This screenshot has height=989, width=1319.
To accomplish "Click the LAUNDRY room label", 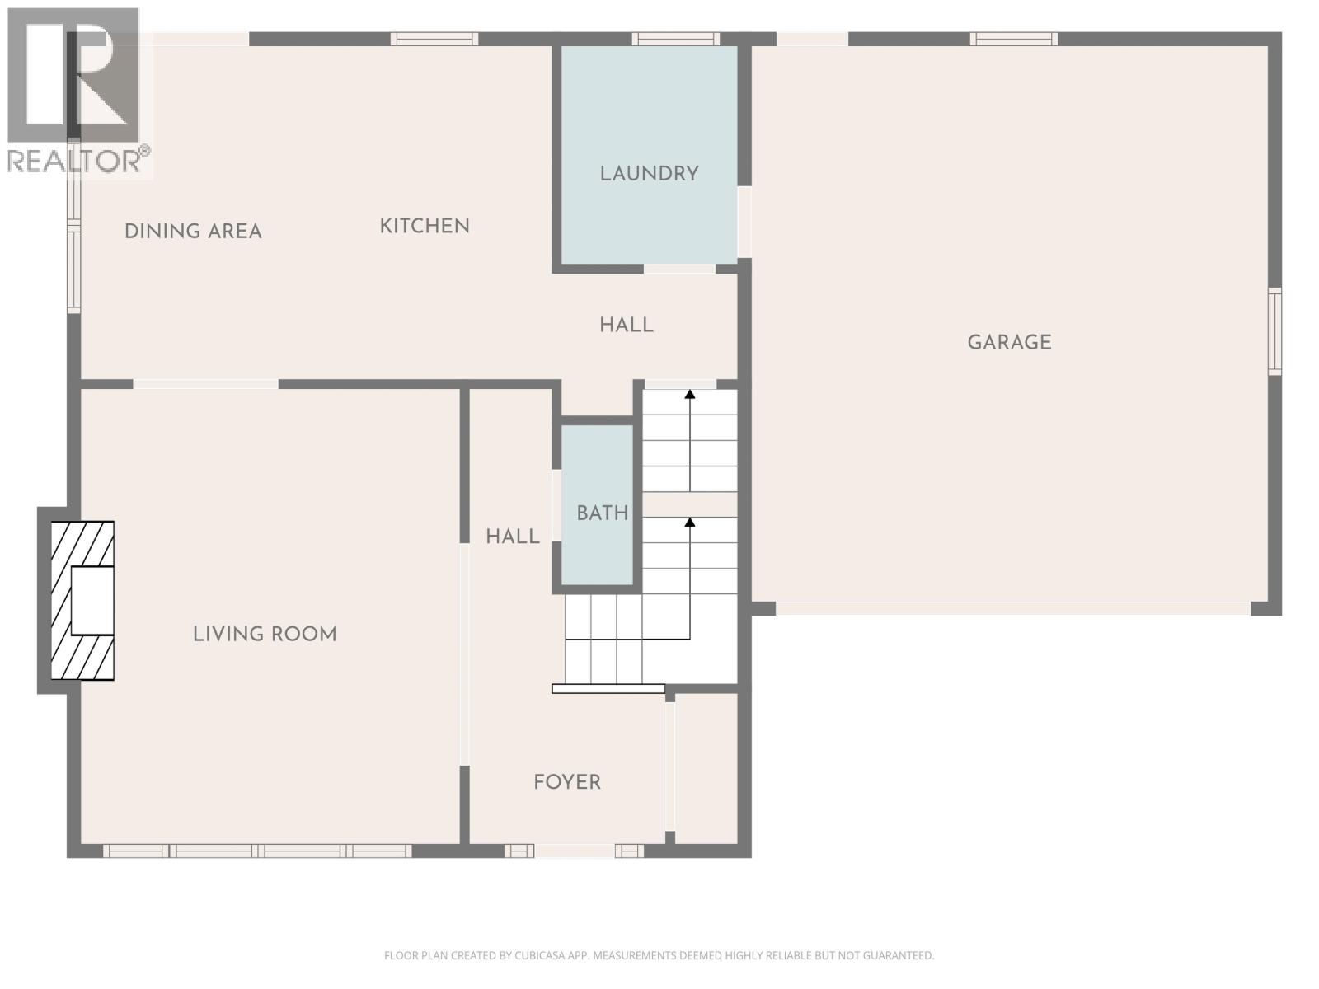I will pos(649,174).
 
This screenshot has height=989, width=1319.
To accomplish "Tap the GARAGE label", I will pos(1009,342).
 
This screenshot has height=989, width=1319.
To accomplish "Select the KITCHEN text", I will pos(424,226).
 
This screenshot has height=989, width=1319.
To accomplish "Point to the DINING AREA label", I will pos(193,232).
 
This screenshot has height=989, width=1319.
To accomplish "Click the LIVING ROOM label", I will pos(265,634).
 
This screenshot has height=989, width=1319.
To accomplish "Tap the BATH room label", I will pos(602,513).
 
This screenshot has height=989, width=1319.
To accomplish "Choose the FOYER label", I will pos(567,782).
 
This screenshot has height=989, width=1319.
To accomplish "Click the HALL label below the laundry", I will pos(627,326).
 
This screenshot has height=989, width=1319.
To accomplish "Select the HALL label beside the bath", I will pos(512,537).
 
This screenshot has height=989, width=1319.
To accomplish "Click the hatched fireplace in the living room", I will pos(82,600).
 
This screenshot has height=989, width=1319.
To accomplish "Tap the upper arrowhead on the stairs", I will pos(690,395).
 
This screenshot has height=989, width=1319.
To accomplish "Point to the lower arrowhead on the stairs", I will pos(690,522).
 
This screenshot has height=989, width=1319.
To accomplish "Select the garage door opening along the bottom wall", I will pos(1012,608).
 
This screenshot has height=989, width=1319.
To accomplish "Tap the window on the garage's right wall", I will pos(1274,331).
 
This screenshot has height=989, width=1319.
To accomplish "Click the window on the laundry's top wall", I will pos(675,39).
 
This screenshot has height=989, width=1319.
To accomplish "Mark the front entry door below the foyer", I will pos(574,851).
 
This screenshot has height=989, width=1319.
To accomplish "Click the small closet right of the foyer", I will pos(706,768).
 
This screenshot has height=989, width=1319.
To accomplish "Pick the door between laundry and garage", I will pos(744,222).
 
